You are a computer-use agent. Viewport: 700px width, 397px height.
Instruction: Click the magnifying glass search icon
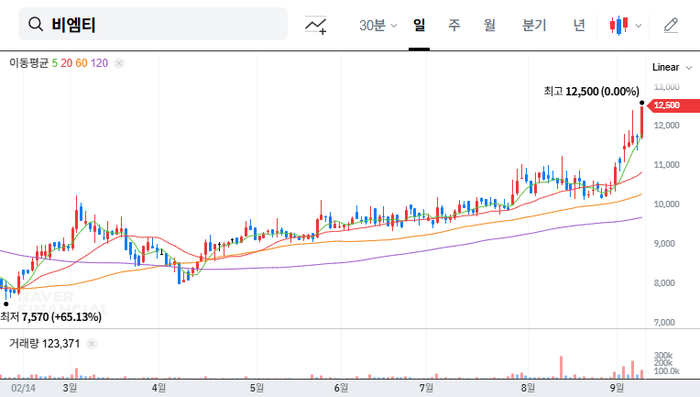pyautogui.click(x=37, y=25)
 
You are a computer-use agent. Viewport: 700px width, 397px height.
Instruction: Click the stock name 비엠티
pyautogui.click(x=73, y=25)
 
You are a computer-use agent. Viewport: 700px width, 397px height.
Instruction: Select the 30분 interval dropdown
pyautogui.click(x=377, y=25)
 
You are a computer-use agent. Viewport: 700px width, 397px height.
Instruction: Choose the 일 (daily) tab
pyautogui.click(x=420, y=25)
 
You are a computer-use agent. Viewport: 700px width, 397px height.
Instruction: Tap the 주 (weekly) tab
pyautogui.click(x=454, y=25)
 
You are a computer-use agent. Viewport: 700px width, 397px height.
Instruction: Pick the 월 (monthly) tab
pyautogui.click(x=489, y=25)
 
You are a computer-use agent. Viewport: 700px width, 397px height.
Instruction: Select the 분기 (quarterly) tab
pyautogui.click(x=534, y=25)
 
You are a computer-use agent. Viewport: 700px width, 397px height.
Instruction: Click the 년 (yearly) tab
pyautogui.click(x=579, y=25)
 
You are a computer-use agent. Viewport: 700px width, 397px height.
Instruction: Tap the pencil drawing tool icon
pyautogui.click(x=671, y=25)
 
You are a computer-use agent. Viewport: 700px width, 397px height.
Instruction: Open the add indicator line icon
pyautogui.click(x=316, y=25)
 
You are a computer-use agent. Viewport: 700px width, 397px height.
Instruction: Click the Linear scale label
pyautogui.click(x=665, y=67)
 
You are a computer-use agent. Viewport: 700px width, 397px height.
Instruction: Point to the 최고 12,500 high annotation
pyautogui.click(x=591, y=92)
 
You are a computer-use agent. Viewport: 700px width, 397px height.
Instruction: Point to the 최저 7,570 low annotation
pyautogui.click(x=51, y=316)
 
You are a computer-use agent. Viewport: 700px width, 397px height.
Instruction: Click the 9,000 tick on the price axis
pyautogui.click(x=666, y=243)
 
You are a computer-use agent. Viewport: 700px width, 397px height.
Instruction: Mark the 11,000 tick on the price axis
pyautogui.click(x=666, y=164)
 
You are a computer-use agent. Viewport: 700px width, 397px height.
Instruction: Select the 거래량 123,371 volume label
pyautogui.click(x=45, y=343)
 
